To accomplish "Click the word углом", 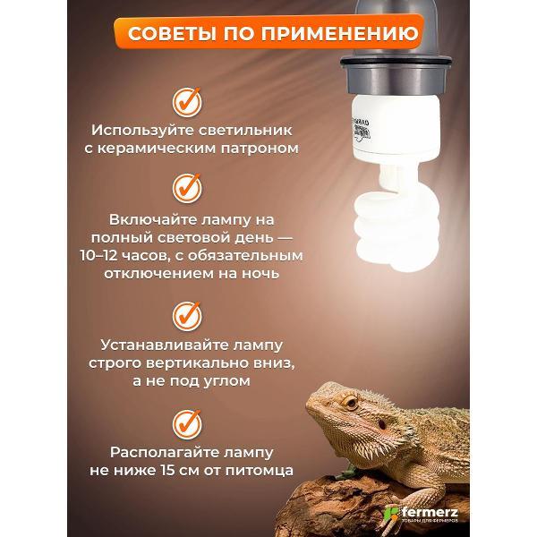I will point(223,382).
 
